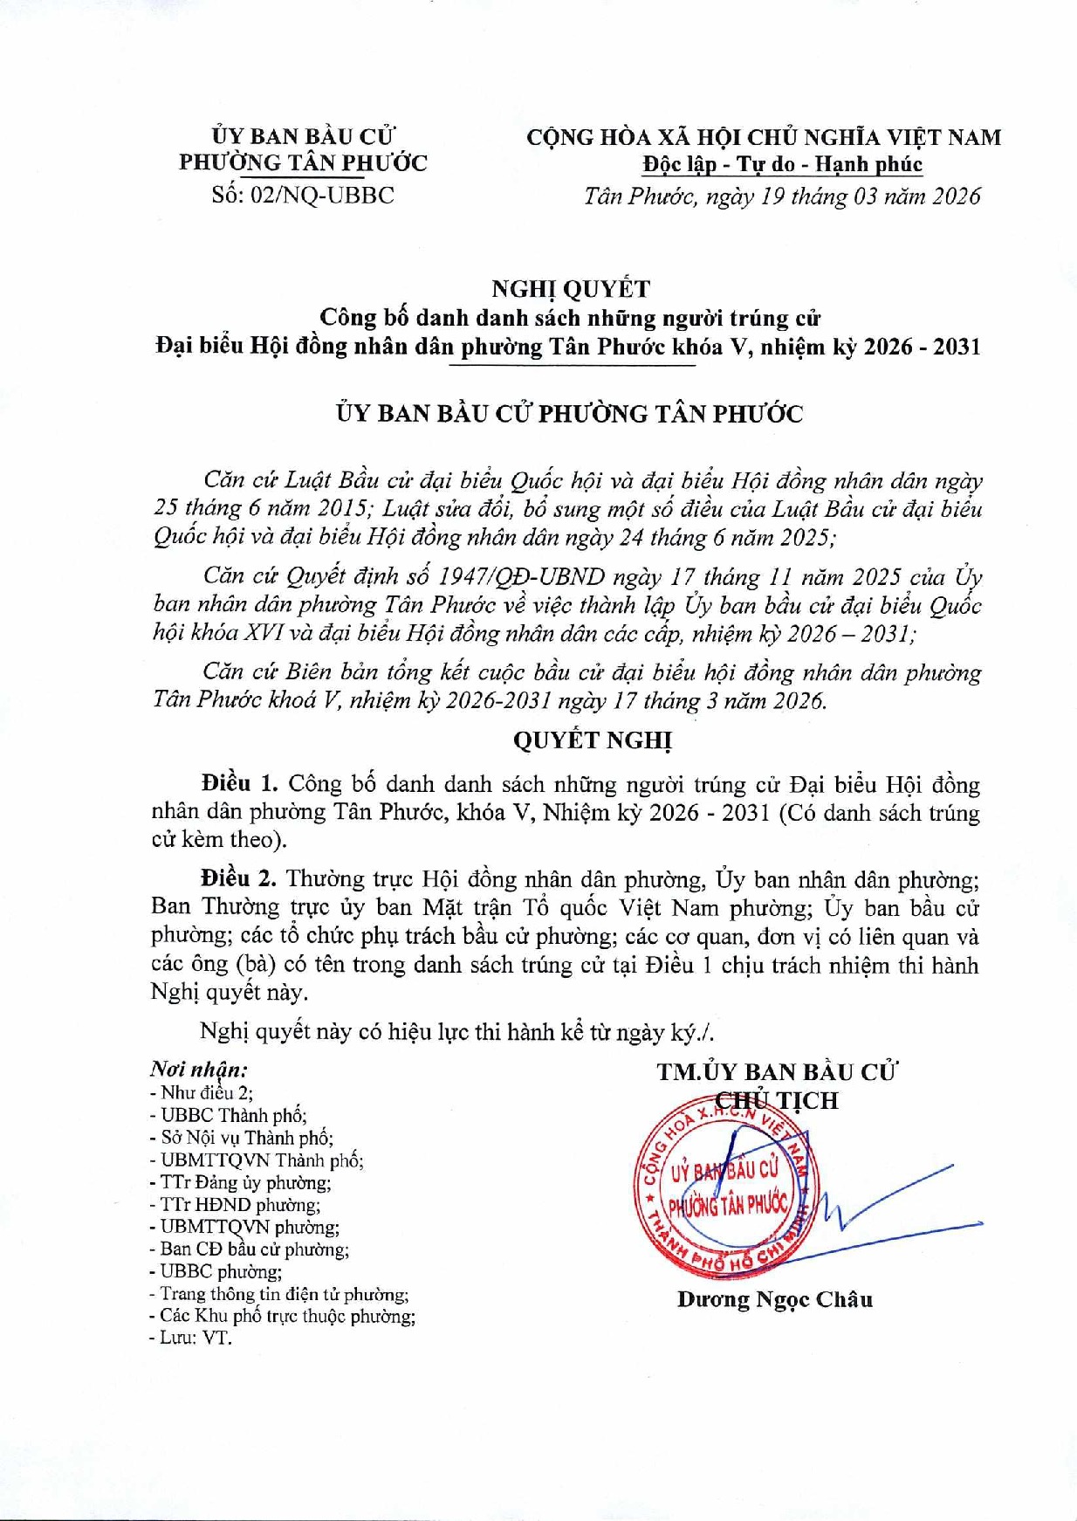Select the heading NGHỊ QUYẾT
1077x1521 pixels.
point(570,288)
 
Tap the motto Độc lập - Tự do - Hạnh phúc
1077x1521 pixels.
point(782,164)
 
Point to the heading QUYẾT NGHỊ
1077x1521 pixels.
point(593,740)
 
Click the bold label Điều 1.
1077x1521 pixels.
point(238,783)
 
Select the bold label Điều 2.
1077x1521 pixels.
point(237,878)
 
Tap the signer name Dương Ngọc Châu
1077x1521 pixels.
point(774,1299)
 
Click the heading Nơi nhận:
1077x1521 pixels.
point(198,1069)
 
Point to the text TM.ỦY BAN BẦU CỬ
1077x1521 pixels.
point(777,1071)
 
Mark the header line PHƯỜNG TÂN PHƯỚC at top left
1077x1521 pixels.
point(303,163)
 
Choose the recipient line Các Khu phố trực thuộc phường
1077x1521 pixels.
point(282,1316)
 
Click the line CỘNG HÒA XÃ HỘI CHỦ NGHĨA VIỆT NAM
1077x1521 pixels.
point(764,137)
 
